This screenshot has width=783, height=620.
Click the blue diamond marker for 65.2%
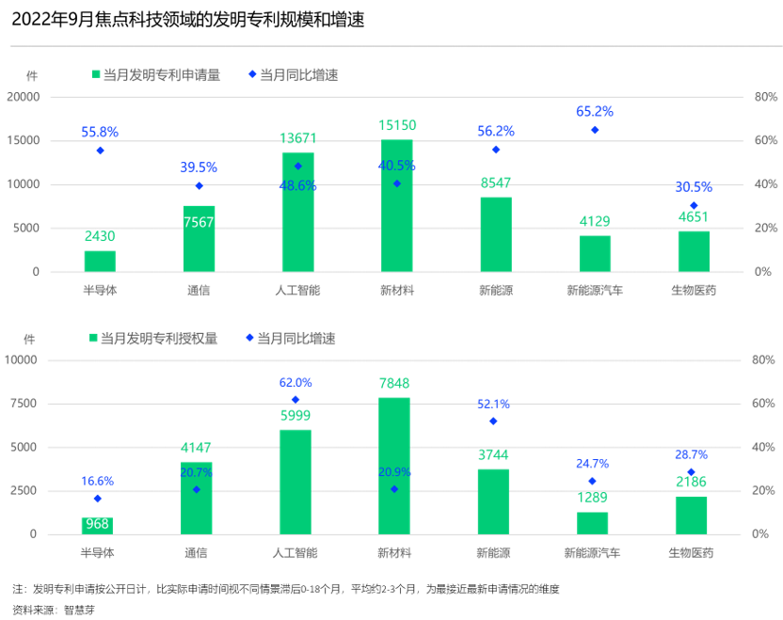595,130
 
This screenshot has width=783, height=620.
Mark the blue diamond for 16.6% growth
97,499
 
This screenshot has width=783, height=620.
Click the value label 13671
298,138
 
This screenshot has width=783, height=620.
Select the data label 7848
394,383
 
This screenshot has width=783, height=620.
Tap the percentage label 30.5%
694,186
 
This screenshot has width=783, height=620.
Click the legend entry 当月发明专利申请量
154,75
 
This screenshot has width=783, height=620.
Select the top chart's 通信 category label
199,290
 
